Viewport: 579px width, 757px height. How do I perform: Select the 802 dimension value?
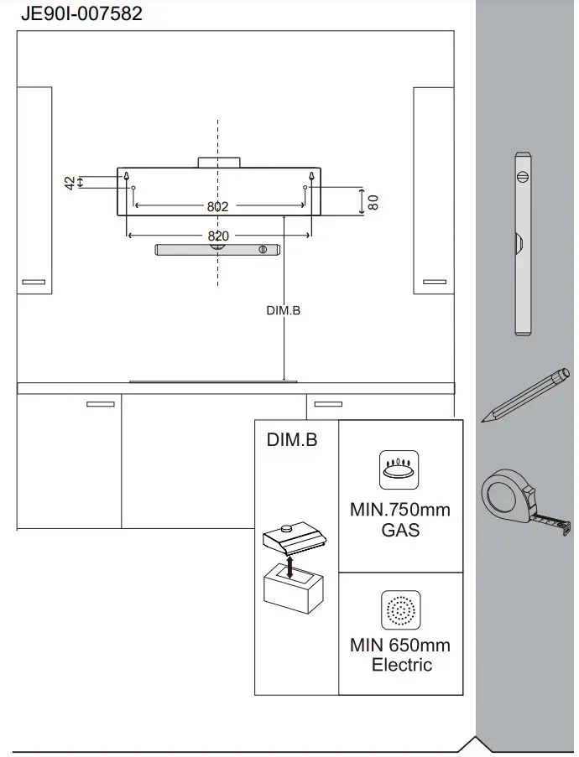click(x=218, y=206)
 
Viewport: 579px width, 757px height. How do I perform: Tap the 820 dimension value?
click(x=218, y=236)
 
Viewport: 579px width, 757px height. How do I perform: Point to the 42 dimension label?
click(x=70, y=182)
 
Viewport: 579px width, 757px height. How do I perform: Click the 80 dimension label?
click(x=374, y=201)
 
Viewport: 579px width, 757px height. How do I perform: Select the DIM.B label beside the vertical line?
click(x=283, y=310)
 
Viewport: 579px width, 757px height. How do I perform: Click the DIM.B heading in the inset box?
click(x=292, y=439)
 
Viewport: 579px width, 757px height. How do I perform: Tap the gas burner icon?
click(x=400, y=471)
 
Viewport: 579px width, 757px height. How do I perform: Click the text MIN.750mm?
click(x=400, y=510)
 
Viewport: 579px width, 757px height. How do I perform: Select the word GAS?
click(x=400, y=530)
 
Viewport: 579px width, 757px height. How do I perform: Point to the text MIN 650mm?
click(x=400, y=646)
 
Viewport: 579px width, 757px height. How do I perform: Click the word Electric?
click(x=402, y=665)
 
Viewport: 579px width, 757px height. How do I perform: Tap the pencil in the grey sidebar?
click(x=525, y=394)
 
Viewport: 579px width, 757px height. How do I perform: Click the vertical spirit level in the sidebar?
click(x=522, y=243)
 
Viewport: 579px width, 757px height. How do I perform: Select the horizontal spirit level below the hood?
click(x=217, y=249)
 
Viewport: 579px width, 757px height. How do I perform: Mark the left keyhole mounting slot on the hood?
click(x=127, y=177)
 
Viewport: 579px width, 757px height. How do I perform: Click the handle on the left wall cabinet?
click(x=34, y=282)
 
